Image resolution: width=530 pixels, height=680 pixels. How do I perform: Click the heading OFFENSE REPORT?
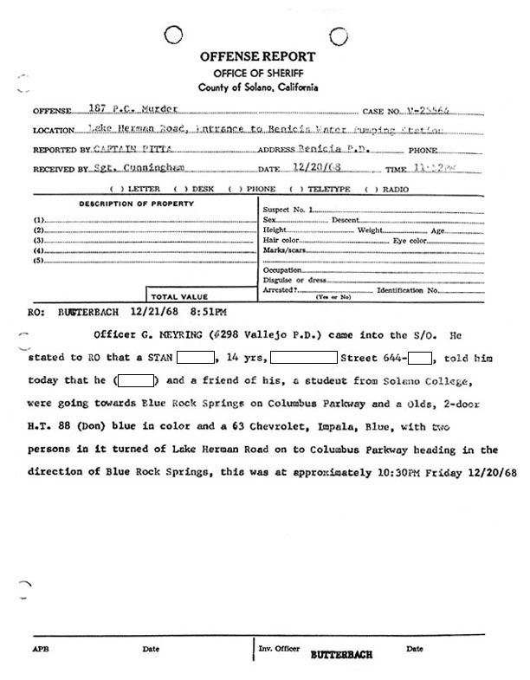tap(258, 56)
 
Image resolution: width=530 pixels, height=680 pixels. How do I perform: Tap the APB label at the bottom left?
tap(41, 649)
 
